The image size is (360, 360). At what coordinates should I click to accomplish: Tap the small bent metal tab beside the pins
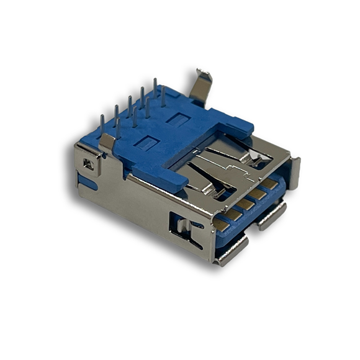[x=107, y=142]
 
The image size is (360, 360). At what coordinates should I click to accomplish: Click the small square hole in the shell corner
[x=88, y=164]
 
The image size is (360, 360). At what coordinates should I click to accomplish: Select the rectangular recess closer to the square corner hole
[x=146, y=145]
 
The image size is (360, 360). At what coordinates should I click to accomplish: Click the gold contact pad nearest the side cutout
[x=222, y=222]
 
